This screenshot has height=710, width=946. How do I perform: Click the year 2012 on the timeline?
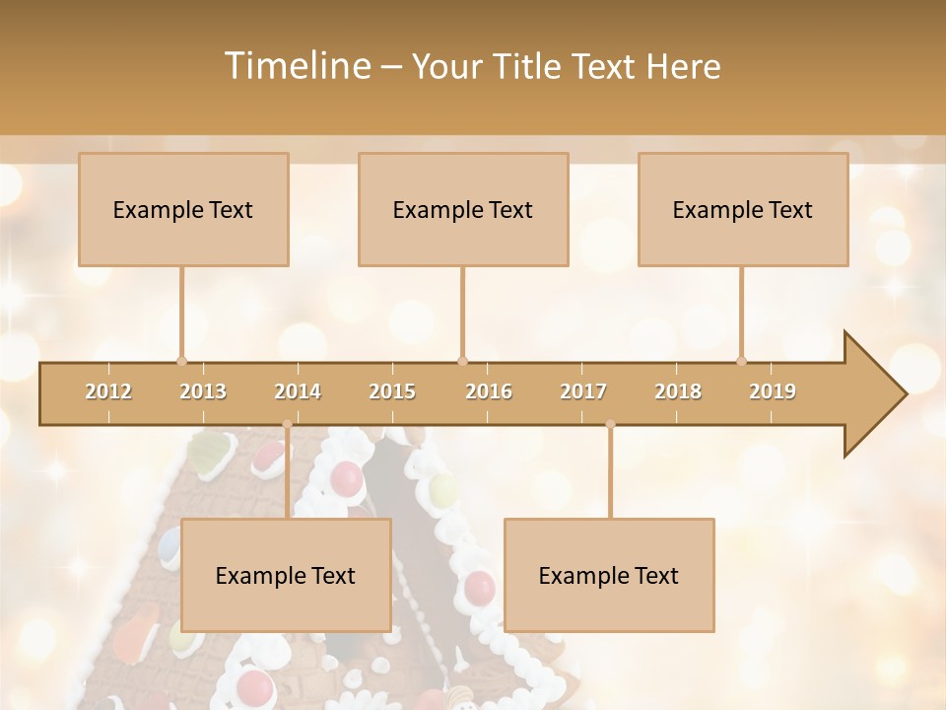tap(108, 391)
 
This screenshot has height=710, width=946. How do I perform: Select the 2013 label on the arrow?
tap(203, 391)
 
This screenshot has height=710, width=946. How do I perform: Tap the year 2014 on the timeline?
tap(298, 391)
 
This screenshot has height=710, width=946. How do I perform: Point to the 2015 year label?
tap(392, 391)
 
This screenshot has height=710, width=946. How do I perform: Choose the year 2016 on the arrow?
tap(489, 391)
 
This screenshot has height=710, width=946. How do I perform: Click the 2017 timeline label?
tap(583, 391)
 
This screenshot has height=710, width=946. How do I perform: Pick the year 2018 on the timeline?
tap(678, 391)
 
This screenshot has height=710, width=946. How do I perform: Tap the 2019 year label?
tap(773, 391)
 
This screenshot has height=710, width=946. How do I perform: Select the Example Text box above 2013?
tap(183, 209)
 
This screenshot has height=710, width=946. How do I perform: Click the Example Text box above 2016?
tap(463, 209)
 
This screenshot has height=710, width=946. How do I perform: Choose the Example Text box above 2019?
tap(743, 209)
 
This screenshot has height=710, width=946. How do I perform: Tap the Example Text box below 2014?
tap(286, 575)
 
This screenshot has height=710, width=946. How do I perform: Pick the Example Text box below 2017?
tap(609, 575)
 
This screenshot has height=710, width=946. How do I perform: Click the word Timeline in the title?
tap(295, 66)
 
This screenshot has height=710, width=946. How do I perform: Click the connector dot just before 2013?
tap(181, 361)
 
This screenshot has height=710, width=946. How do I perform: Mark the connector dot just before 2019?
tap(742, 361)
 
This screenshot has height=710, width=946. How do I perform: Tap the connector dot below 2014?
tap(287, 424)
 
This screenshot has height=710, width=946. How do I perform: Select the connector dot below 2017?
tap(610, 424)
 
